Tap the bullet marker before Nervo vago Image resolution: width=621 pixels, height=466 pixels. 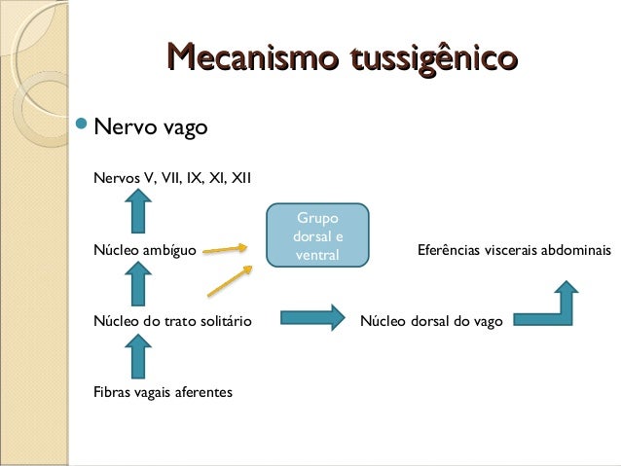[x=83, y=126]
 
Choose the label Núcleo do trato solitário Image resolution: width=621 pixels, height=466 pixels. [x=172, y=320]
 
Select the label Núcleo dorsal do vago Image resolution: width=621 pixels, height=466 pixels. [x=431, y=320]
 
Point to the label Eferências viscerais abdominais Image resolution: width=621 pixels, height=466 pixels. [x=513, y=250]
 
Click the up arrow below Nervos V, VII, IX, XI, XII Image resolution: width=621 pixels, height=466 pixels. [x=138, y=211]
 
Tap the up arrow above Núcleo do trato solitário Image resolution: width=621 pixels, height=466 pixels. [x=138, y=284]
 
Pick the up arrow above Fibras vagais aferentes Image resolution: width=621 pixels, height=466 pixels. [x=138, y=355]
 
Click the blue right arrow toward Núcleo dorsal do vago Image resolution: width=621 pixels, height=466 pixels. [x=312, y=317]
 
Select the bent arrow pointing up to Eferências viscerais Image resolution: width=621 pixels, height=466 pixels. [x=549, y=305]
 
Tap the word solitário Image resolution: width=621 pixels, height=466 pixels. [x=230, y=320]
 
